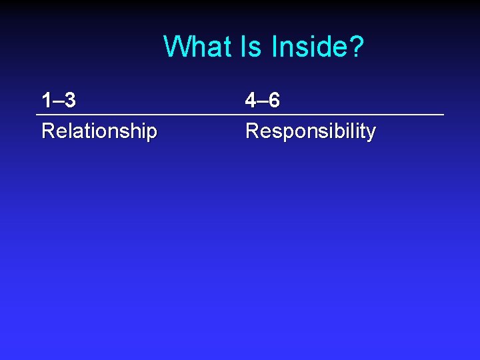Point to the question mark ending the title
(x=355, y=47)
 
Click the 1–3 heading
(x=58, y=101)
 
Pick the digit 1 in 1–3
(x=46, y=101)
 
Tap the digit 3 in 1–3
(x=70, y=101)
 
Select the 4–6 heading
(x=263, y=101)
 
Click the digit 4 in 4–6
(x=251, y=101)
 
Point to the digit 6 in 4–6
(x=274, y=101)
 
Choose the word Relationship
(x=99, y=131)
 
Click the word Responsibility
(x=310, y=131)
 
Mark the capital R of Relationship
(x=47, y=131)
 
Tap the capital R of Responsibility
(x=252, y=131)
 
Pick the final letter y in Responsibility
(x=371, y=133)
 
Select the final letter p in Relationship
(x=152, y=133)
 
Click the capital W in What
(x=175, y=47)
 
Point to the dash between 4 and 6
(x=262, y=102)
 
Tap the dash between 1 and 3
(x=58, y=102)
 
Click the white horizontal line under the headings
(x=240, y=115)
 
